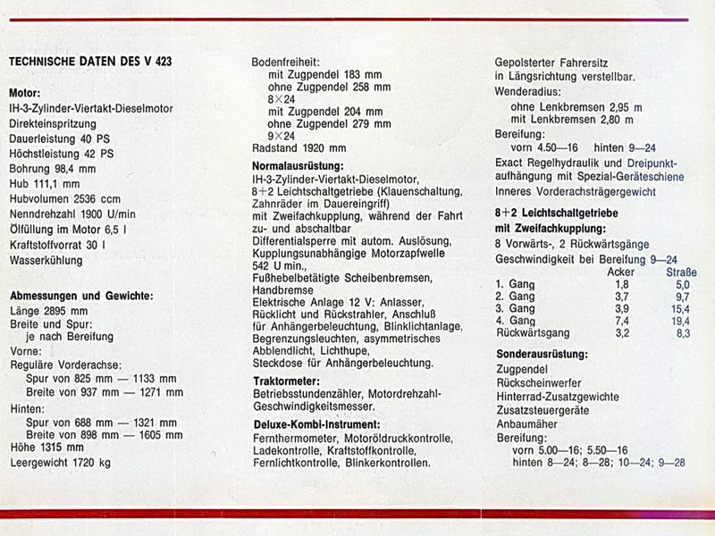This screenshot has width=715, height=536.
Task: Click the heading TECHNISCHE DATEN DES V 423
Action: [90, 62]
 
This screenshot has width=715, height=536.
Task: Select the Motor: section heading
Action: [25, 93]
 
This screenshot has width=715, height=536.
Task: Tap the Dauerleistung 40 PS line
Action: [53, 138]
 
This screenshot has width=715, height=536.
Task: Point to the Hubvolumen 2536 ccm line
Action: [64, 199]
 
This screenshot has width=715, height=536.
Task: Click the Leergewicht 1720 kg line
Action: [60, 463]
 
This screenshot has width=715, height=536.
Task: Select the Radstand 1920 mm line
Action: [299, 148]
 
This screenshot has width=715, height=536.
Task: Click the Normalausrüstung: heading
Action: [299, 166]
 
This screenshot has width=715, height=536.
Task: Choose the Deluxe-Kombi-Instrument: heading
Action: [316, 423]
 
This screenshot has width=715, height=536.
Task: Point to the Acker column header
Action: [621, 272]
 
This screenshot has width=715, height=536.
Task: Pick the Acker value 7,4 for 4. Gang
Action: [622, 321]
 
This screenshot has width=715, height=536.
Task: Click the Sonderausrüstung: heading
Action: [542, 354]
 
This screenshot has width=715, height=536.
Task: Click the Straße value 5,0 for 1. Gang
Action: [683, 284]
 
